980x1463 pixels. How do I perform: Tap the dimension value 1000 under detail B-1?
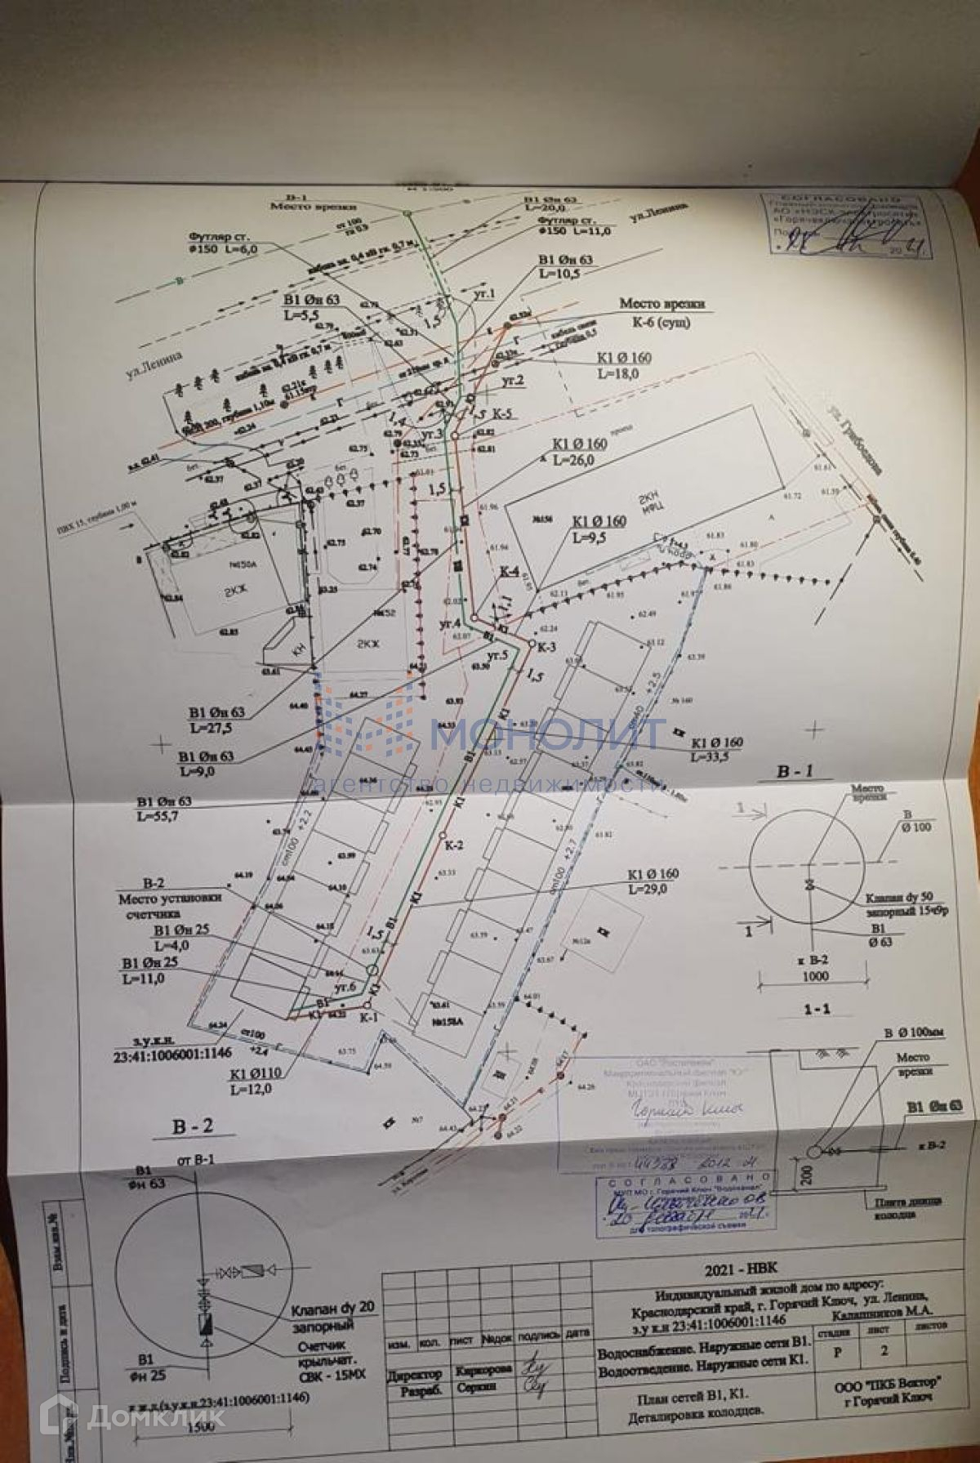pos(815,975)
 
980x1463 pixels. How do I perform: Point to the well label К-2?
pos(455,845)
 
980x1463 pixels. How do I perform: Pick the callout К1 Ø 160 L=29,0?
pos(653,881)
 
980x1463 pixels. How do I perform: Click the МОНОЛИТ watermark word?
pos(547,734)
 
